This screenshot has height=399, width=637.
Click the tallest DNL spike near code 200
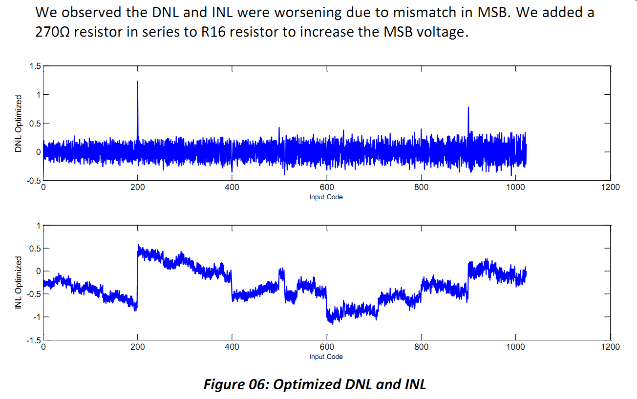138,82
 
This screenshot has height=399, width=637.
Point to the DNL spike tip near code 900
468,107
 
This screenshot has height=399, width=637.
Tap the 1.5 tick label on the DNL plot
35,66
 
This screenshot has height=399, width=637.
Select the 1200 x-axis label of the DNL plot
610,187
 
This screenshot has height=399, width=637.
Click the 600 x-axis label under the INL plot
327,347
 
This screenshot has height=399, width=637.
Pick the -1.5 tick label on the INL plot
34,340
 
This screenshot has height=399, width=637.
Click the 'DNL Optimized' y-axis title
18,124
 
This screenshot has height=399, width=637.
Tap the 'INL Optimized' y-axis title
18,282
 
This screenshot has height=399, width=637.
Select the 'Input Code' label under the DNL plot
326,197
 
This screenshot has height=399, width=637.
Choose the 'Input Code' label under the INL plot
326,357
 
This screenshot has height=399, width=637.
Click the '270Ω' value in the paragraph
52,32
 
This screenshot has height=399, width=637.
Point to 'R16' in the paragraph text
213,32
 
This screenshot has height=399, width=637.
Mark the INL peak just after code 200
139,245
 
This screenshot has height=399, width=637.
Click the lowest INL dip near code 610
333,324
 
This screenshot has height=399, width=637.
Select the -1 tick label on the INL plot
37,317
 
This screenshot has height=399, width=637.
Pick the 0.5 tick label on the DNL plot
35,124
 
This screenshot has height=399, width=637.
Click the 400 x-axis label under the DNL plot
232,187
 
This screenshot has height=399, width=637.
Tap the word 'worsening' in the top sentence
307,13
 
